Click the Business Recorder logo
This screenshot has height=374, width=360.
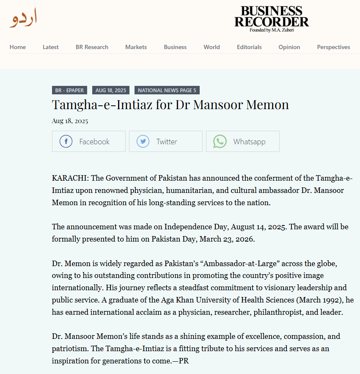point(272,19)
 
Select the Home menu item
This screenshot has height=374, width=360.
point(18,47)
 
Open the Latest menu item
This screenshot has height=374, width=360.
point(51,47)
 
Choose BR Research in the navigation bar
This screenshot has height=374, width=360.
point(92,47)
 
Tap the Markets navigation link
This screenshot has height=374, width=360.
point(136,47)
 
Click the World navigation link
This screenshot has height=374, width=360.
point(212,47)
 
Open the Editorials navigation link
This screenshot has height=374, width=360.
point(249,47)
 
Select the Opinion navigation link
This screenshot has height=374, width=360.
point(289,47)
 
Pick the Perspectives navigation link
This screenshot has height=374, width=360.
point(333,47)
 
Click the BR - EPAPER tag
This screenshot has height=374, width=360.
point(70,90)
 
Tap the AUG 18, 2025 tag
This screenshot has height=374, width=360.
point(111,90)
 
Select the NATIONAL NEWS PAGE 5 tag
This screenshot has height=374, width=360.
point(167,90)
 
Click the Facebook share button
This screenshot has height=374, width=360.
point(89,141)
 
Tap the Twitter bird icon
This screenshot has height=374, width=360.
point(143,141)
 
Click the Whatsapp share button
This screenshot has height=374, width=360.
point(242,141)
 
